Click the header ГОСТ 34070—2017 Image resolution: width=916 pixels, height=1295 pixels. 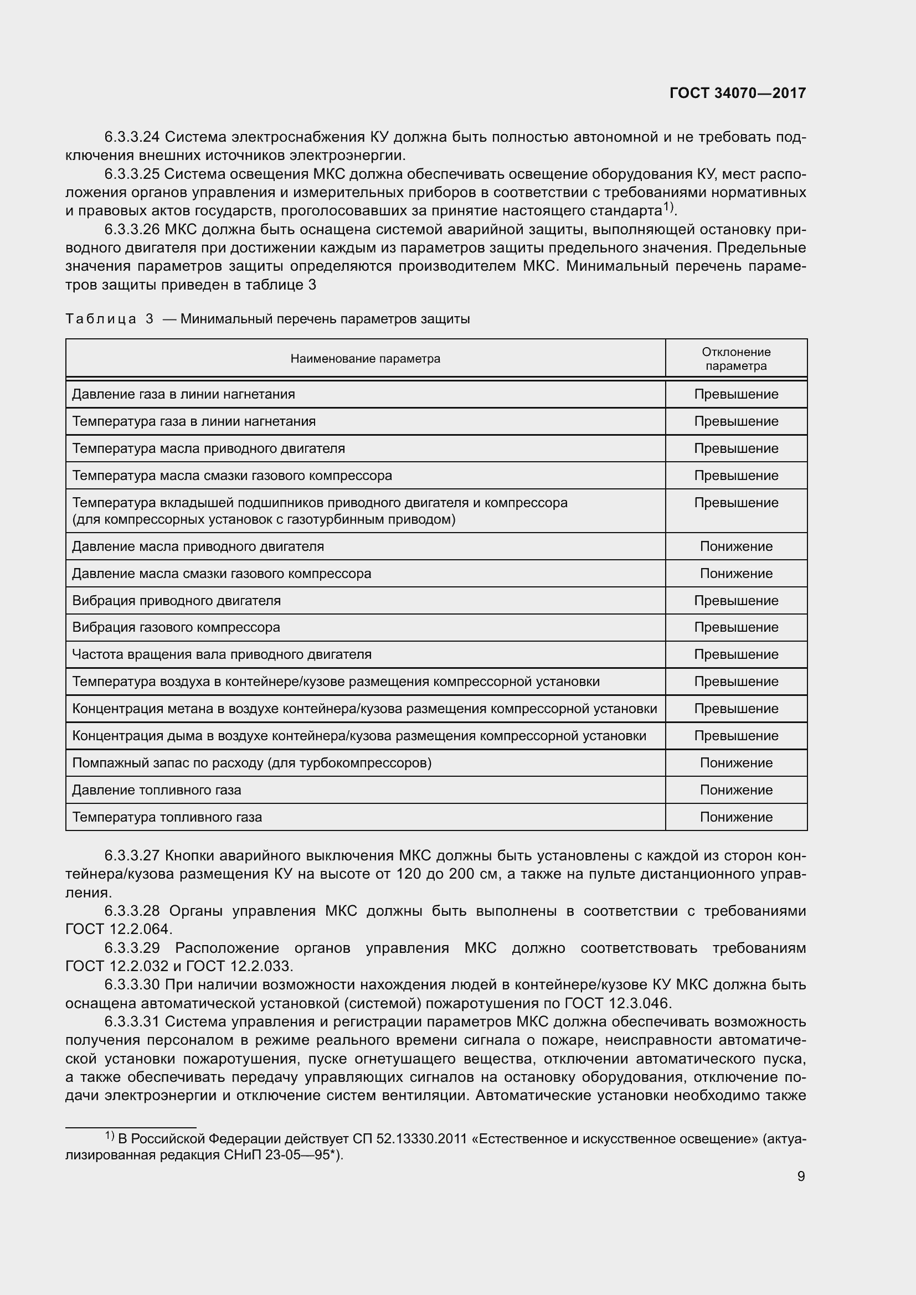pyautogui.click(x=737, y=94)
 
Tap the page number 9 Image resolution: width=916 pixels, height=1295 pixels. pyautogui.click(x=801, y=1176)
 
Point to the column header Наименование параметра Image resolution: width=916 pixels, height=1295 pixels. pyautogui.click(x=365, y=359)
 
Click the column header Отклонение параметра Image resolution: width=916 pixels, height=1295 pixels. pyautogui.click(x=735, y=359)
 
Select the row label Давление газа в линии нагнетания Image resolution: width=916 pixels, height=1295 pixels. pyautogui.click(x=183, y=394)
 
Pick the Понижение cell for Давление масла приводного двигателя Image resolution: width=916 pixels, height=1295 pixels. pyautogui.click(x=735, y=546)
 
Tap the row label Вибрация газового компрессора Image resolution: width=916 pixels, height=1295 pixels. pyautogui.click(x=176, y=627)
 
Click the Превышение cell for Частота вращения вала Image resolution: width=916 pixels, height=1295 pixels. pyautogui.click(x=735, y=654)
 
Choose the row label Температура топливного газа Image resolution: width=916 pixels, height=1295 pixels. pyautogui.click(x=167, y=817)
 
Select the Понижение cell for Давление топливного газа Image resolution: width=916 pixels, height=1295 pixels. pyautogui.click(x=735, y=790)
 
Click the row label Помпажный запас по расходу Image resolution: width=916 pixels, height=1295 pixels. pyautogui.click(x=251, y=763)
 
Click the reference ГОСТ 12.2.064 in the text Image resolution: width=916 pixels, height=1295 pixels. pyautogui.click(x=118, y=929)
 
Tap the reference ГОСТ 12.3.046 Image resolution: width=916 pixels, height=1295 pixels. pyautogui.click(x=615, y=1003)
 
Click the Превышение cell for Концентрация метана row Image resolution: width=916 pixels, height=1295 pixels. pyautogui.click(x=735, y=709)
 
